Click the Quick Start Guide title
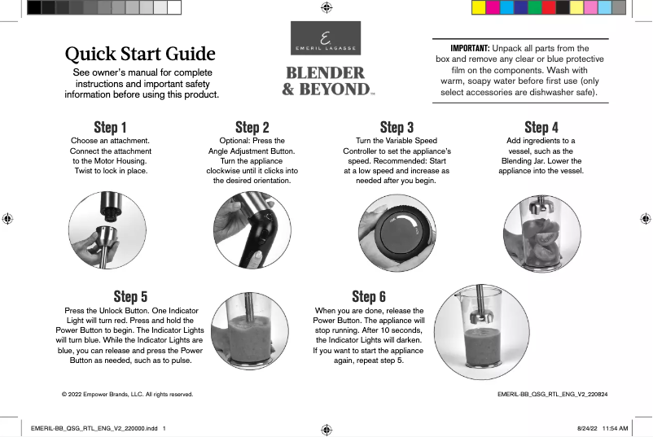140,55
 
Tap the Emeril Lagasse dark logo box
326,38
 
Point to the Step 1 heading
110,127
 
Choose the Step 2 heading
252,127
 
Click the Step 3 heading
397,127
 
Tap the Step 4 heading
541,127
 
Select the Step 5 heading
130,296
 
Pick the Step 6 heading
369,296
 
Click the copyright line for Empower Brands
128,394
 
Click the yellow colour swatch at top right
480,8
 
